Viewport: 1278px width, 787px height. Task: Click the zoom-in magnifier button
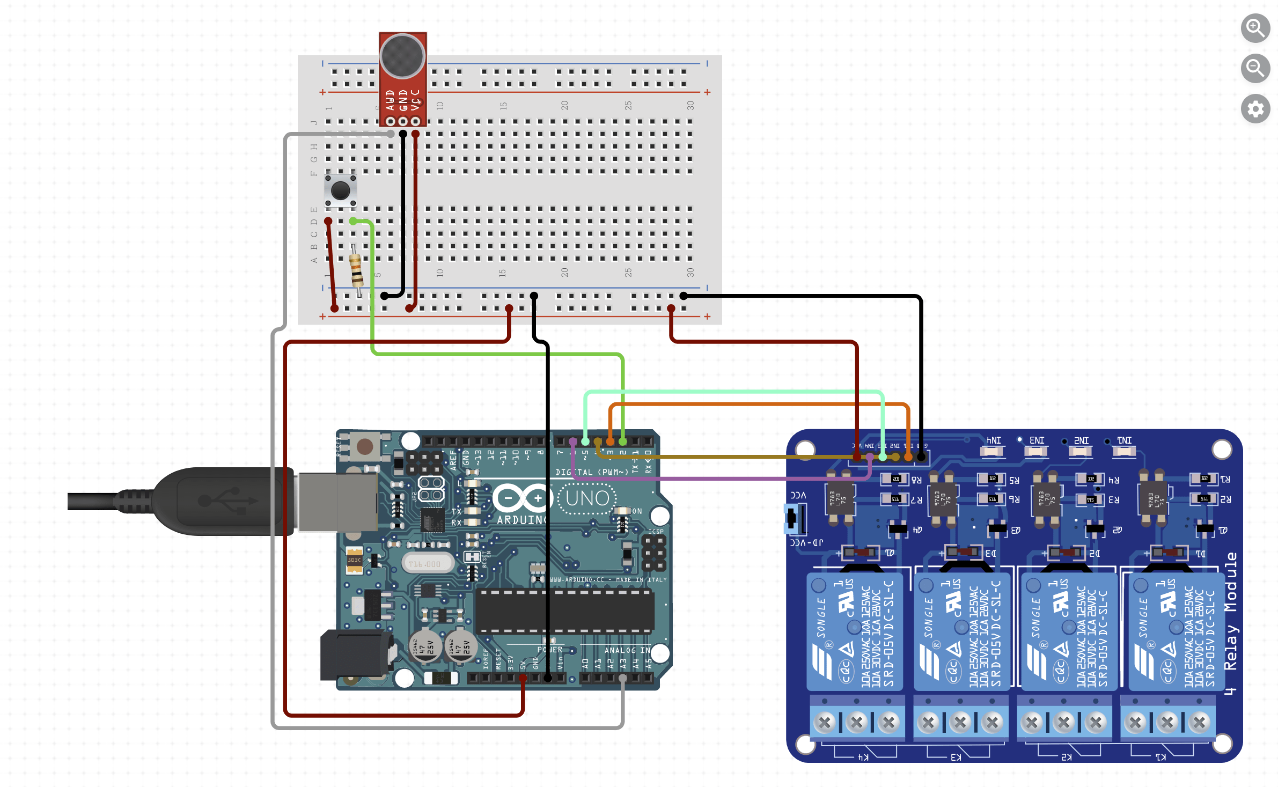point(1255,27)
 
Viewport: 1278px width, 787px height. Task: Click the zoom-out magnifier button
point(1255,68)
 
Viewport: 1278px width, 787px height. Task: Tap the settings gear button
point(1255,109)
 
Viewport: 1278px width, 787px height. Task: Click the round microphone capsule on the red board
point(402,56)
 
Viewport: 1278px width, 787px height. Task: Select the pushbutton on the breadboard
point(340,190)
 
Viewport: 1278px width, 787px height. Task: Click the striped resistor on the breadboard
point(356,270)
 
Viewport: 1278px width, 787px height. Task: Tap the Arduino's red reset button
point(365,446)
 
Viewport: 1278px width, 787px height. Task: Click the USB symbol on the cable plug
point(227,500)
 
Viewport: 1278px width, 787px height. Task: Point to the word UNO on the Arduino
point(587,498)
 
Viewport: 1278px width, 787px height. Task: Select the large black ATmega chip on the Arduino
point(564,612)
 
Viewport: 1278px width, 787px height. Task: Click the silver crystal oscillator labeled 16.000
point(427,564)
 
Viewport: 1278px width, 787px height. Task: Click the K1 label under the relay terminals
point(1161,757)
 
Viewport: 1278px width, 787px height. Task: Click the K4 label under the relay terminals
point(863,757)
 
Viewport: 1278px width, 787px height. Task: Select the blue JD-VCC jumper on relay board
point(792,518)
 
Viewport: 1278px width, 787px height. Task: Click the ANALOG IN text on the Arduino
point(627,650)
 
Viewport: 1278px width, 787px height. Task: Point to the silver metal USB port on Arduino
point(338,502)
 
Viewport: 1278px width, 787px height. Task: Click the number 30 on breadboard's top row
point(691,106)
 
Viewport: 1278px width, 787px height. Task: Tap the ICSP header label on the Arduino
point(656,532)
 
